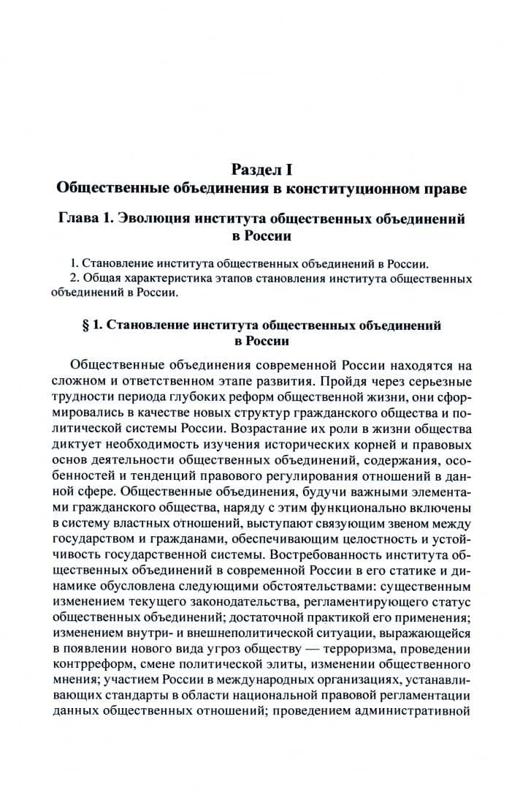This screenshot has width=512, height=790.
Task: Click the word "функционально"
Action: click(352, 505)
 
